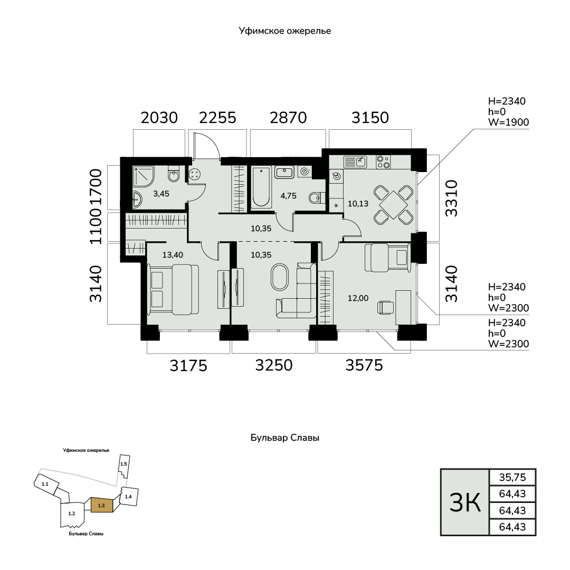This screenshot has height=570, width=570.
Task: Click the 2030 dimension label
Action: pyautogui.click(x=159, y=118)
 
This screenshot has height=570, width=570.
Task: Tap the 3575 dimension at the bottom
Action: pyautogui.click(x=364, y=365)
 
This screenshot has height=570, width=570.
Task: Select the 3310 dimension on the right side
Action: pyautogui.click(x=451, y=198)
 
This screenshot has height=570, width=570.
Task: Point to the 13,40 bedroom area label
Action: pyautogui.click(x=173, y=255)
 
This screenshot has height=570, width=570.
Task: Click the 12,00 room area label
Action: pyautogui.click(x=358, y=298)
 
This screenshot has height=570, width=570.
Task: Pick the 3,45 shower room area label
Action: pyautogui.click(x=161, y=194)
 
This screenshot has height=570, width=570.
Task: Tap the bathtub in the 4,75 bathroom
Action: pyautogui.click(x=261, y=187)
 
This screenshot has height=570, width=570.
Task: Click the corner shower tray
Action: pyautogui.click(x=143, y=177)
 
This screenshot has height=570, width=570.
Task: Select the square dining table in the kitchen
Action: pyautogui.click(x=394, y=205)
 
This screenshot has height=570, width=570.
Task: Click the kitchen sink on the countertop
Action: pyautogui.click(x=355, y=161)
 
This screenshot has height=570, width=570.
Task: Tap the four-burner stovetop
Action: pyautogui.click(x=383, y=162)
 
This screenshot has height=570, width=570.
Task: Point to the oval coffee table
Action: pyautogui.click(x=280, y=277)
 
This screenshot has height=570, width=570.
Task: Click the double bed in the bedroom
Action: pyautogui.click(x=173, y=289)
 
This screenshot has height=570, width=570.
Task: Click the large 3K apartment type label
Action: pyautogui.click(x=465, y=502)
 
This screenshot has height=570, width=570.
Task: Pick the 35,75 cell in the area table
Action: pyautogui.click(x=512, y=477)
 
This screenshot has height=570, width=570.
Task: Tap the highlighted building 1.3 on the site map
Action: pyautogui.click(x=102, y=505)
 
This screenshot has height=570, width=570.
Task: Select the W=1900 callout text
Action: pyautogui.click(x=508, y=122)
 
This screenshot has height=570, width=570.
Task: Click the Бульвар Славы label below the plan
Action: pyautogui.click(x=285, y=438)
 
